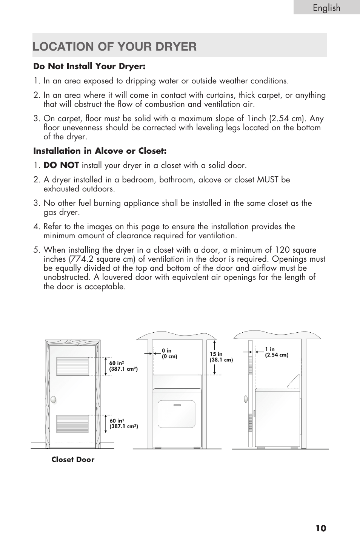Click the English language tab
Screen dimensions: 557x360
(326, 8)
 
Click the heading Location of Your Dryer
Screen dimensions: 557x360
(115, 46)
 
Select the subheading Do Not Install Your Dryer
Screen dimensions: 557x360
(89, 66)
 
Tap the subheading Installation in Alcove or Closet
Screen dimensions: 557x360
(100, 151)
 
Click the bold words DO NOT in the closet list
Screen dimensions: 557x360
(61, 165)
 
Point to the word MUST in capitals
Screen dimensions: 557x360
(268, 180)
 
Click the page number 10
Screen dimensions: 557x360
(321, 528)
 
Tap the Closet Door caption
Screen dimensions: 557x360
(73, 460)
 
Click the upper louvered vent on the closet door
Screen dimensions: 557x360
(72, 366)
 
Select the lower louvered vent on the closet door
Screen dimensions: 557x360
(72, 423)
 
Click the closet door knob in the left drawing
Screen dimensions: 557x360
(53, 399)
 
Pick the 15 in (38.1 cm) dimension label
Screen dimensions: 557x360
(221, 357)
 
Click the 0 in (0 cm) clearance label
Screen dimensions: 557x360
(169, 353)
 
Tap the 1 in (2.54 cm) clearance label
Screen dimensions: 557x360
(277, 352)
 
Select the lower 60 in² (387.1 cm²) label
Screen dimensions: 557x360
(124, 423)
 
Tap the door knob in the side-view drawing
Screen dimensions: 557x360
(246, 398)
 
